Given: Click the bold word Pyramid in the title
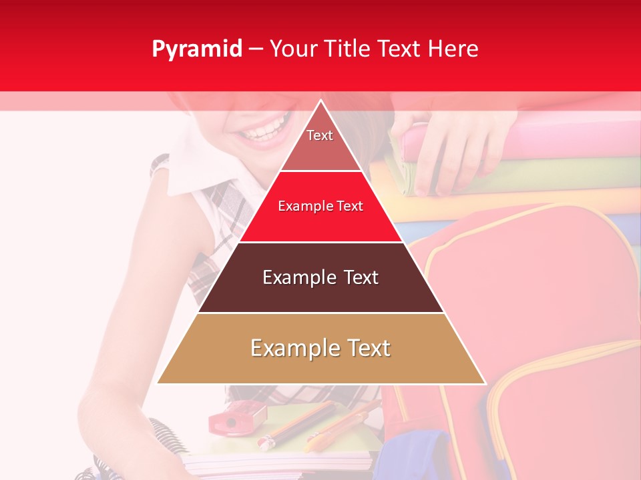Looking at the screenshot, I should pos(196,49).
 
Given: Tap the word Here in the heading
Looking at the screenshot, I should pos(453,49).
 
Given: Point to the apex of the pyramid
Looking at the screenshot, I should pos(320,102).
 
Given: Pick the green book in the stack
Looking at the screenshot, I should pos(534,173).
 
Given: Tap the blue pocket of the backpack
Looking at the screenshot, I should pos(427,453).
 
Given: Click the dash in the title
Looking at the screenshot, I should pos(255,49).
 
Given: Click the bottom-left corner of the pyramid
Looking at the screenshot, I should pos(158,383).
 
